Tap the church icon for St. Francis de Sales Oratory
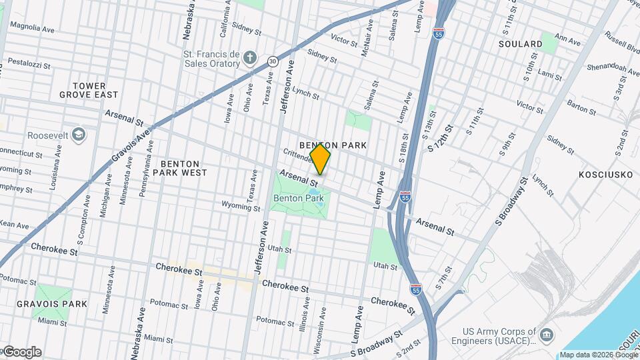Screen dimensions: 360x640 250,57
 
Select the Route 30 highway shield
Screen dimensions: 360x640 273,61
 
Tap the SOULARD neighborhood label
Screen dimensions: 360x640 520,44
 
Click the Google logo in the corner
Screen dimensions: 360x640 21,352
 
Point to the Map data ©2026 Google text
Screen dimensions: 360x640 597,355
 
